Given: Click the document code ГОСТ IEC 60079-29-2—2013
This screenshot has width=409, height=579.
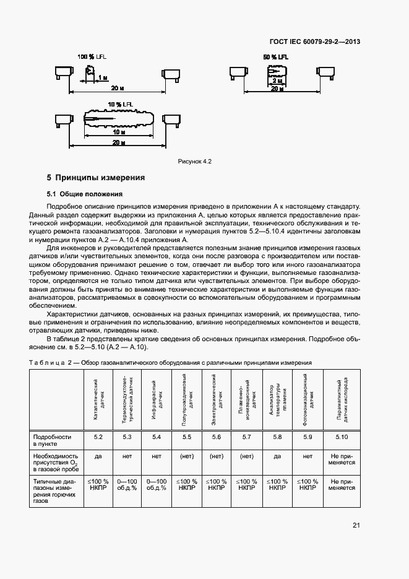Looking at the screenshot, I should tap(315, 42).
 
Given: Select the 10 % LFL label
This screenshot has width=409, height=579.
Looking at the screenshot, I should tap(120, 103).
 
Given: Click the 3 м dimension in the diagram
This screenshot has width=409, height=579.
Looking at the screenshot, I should tap(279, 81).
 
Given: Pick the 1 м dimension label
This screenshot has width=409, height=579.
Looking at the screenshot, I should tap(102, 77).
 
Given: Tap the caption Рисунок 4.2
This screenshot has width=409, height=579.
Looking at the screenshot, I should tap(195, 162).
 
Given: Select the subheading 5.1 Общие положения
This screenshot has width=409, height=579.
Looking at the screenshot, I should tap(85, 194).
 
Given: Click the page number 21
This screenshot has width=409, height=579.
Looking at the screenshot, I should tap(356, 526).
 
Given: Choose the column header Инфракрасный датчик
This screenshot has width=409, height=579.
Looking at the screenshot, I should tap(157, 401).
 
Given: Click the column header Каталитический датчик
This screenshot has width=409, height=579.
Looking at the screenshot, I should tap(98, 401).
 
